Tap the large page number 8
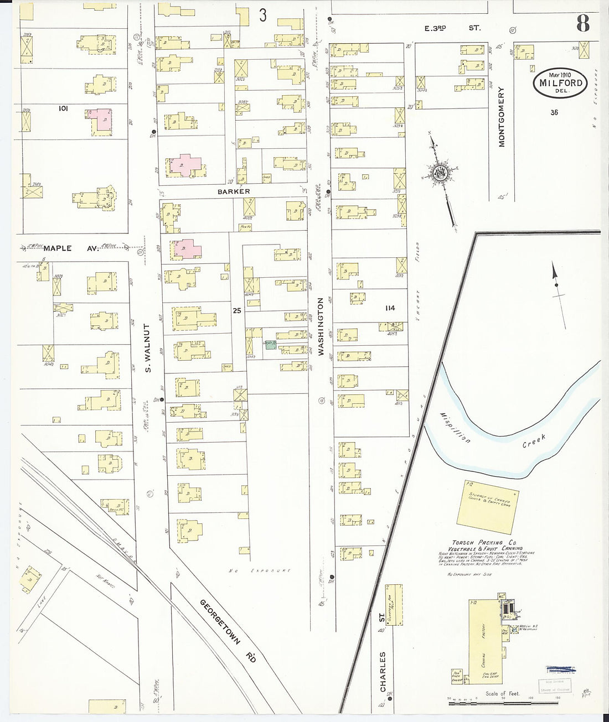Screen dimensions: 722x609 coord(582,23)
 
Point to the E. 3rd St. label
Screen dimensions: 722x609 coord(452,28)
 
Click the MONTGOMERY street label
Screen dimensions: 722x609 coord(502,117)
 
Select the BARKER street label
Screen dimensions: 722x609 coord(233,191)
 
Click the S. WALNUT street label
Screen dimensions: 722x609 coord(148,348)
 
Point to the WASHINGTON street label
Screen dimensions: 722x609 coord(321,326)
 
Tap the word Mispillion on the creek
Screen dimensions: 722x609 coord(456,428)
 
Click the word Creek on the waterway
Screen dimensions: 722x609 coord(534,440)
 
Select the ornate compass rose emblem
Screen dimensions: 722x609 coord(440,174)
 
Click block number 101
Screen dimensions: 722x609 coord(63,109)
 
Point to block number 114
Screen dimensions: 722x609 coord(390,308)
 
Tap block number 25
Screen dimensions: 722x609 coord(237,311)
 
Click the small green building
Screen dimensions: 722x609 coord(270,345)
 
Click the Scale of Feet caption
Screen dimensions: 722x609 coord(502,693)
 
